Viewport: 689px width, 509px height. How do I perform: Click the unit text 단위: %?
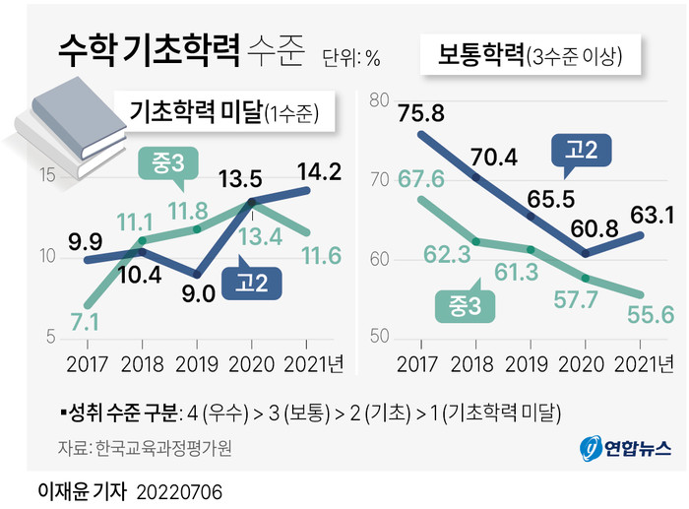pyautogui.click(x=350, y=58)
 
